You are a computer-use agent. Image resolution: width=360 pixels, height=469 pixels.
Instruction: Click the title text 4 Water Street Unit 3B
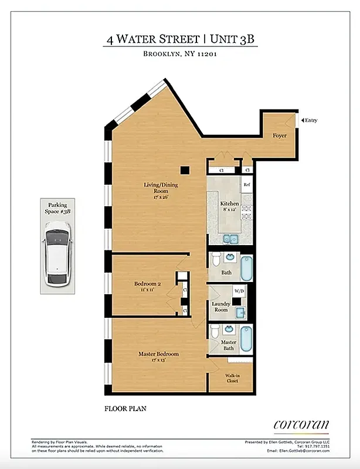coord(181,40)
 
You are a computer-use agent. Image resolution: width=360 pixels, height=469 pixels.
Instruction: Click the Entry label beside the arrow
coord(310,120)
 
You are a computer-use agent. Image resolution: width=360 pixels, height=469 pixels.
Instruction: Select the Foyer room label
coord(279,135)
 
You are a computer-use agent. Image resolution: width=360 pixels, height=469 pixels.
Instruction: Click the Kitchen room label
coord(229,204)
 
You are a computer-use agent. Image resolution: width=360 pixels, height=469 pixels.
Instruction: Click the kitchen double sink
coord(230,239)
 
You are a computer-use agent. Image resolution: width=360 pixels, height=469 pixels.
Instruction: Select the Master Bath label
coord(228,345)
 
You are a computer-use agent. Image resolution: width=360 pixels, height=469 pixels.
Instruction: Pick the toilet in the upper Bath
coord(215,260)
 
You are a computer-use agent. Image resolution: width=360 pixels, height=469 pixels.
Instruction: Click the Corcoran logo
coord(301,424)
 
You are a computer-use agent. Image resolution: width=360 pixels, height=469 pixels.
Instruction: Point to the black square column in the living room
coord(185,170)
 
